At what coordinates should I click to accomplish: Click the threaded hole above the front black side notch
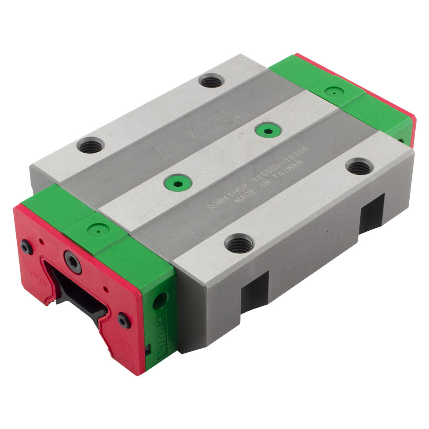pos(239,244)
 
